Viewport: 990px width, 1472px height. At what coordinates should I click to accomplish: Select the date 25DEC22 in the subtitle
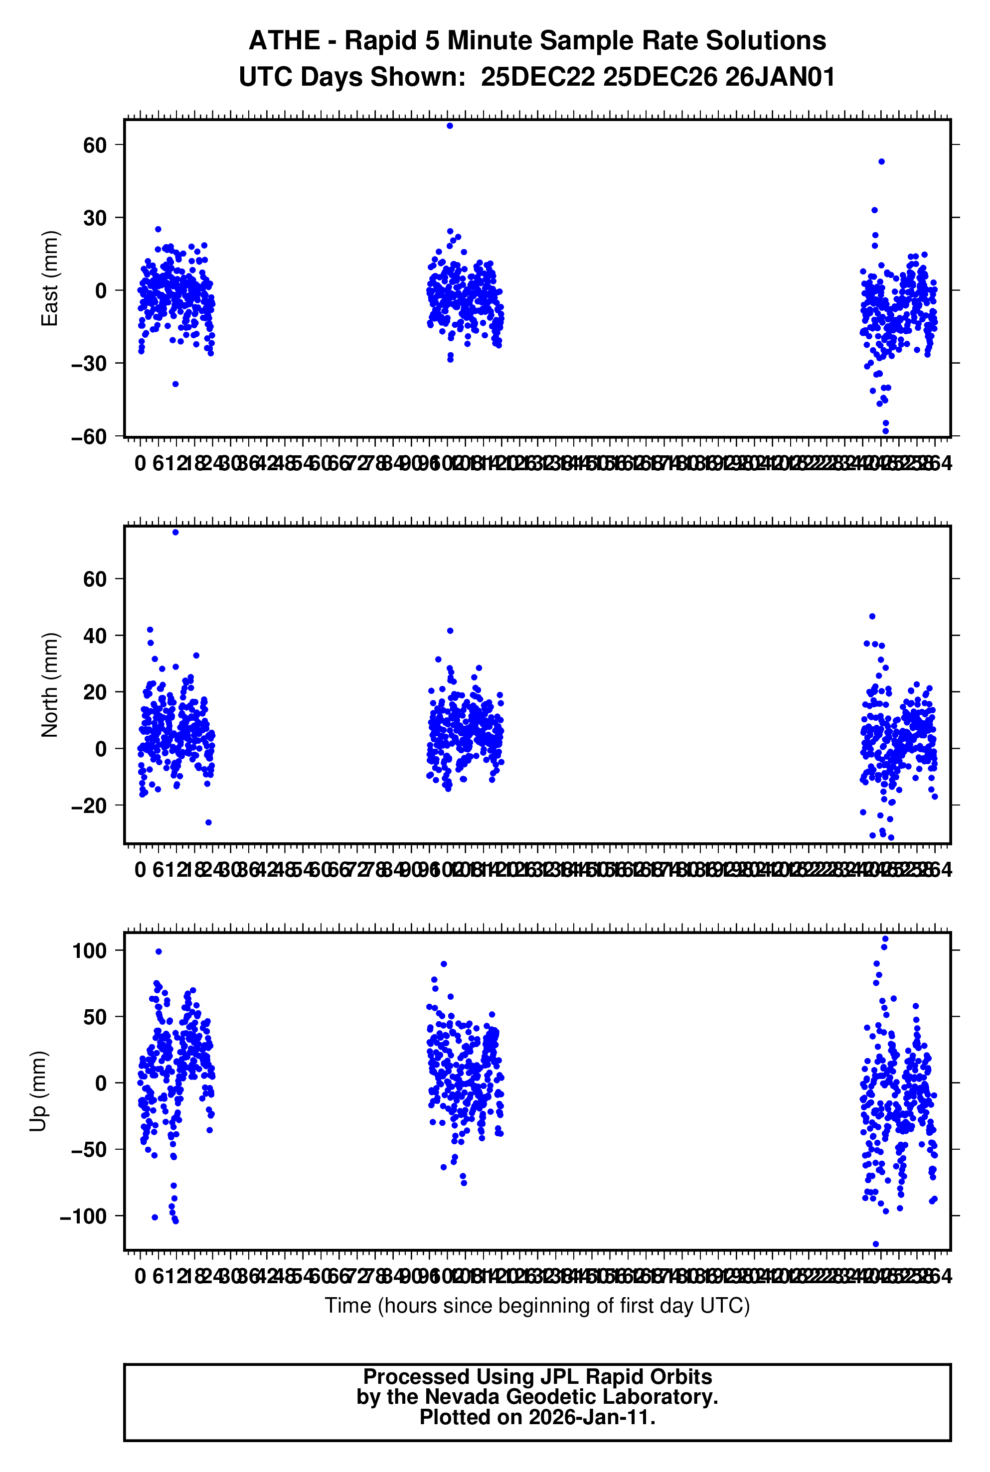537,77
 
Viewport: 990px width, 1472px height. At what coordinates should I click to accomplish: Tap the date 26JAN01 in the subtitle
780,77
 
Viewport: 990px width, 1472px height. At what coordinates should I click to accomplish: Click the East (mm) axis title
49,279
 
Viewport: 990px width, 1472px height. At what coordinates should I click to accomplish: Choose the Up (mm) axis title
38,1091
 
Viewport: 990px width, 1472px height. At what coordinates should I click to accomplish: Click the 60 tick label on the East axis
95,145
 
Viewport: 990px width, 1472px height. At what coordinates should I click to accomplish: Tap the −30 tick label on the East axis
89,364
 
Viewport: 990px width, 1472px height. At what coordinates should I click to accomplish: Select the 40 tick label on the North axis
95,635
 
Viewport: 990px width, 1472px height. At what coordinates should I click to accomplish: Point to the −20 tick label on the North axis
89,805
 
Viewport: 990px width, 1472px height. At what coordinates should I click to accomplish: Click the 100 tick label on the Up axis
90,950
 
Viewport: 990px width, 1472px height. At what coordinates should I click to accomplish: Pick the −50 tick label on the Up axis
89,1150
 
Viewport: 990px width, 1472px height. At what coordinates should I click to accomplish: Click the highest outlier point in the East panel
450,126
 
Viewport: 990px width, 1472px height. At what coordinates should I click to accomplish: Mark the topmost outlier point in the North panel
175,533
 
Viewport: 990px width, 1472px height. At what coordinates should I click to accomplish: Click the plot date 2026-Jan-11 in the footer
592,1418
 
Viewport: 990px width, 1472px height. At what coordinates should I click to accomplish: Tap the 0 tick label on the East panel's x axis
140,464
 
